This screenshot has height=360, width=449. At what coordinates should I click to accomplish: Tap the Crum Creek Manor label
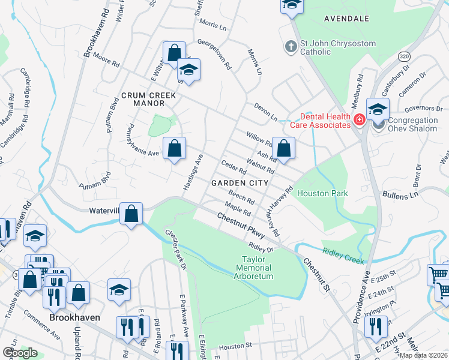point(148,100)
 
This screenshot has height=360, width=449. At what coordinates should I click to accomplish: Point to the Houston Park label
point(323,194)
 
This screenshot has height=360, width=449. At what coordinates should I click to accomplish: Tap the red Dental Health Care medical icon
point(359,120)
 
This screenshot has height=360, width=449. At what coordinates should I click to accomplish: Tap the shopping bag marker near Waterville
point(131,213)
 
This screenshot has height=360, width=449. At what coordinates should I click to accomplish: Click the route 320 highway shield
point(405,55)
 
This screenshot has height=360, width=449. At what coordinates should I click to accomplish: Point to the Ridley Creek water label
point(343,254)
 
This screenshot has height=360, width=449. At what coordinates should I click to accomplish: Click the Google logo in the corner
point(20,353)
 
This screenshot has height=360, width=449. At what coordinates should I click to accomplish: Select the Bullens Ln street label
point(401,196)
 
